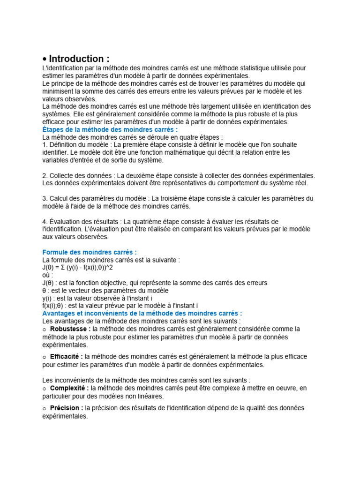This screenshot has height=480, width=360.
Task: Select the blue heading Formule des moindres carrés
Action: [x=89, y=252]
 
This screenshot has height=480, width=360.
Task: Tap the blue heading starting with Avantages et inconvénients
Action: [x=142, y=313]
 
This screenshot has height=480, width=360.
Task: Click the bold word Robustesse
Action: [x=70, y=329]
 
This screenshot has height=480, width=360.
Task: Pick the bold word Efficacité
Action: [x=67, y=357]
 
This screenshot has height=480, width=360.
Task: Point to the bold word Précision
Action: [x=67, y=408]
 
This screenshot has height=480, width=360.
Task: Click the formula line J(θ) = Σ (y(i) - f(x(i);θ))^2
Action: [x=77, y=267]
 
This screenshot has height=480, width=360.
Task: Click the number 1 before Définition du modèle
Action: [x=44, y=145]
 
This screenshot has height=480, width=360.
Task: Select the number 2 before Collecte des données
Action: [x=44, y=175]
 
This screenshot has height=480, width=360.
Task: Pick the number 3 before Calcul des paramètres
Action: [x=44, y=198]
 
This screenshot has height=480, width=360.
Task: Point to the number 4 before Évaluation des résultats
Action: [x=44, y=221]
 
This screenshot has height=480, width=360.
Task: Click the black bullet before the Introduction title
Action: [x=45, y=60]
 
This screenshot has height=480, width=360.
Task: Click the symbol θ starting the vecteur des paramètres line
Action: [x=44, y=290]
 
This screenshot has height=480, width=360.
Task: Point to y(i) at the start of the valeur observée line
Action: [x=47, y=298]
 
